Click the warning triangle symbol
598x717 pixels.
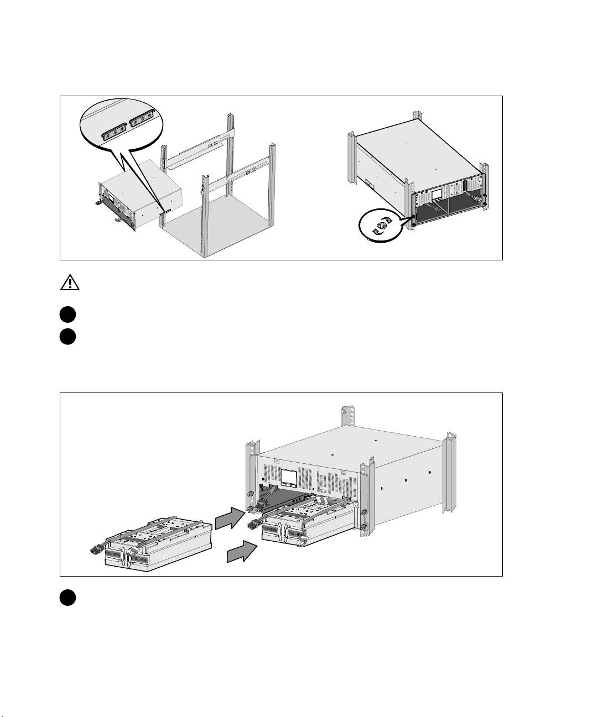pos(70,284)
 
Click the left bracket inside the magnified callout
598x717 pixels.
pos(113,131)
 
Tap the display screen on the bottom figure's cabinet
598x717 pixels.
pos(289,478)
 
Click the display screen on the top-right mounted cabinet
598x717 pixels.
pos(436,194)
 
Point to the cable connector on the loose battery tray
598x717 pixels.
pos(95,549)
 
